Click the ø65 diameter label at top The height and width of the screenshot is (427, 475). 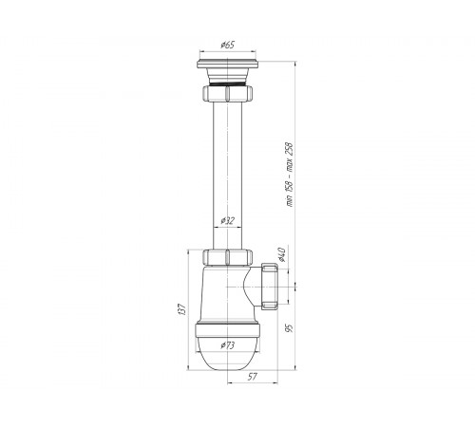[x=228, y=45]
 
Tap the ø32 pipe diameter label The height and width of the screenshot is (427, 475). [x=227, y=220]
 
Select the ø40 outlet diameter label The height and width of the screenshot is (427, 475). [x=281, y=255]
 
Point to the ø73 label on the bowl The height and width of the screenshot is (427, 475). [x=228, y=345]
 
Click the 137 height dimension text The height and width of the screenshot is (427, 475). [x=181, y=309]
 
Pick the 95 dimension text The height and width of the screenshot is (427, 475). [x=289, y=328]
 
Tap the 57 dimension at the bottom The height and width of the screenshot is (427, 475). [x=253, y=377]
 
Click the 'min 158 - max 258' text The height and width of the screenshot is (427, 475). [x=290, y=175]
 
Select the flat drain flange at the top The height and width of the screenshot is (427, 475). [x=227, y=65]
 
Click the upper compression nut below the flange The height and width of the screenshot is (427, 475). [x=227, y=93]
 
